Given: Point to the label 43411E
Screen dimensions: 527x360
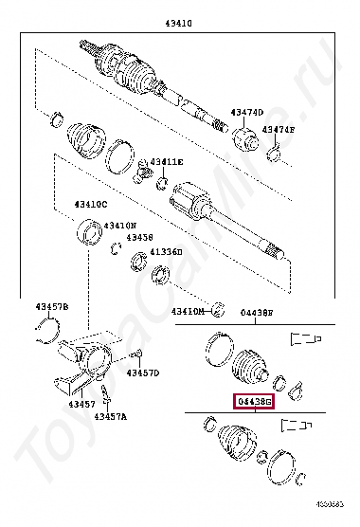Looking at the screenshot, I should [166, 162].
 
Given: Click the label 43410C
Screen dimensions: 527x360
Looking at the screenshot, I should [92, 204].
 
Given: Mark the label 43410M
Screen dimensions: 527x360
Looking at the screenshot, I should [188, 311].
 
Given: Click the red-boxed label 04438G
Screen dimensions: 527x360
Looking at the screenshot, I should [254, 402].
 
